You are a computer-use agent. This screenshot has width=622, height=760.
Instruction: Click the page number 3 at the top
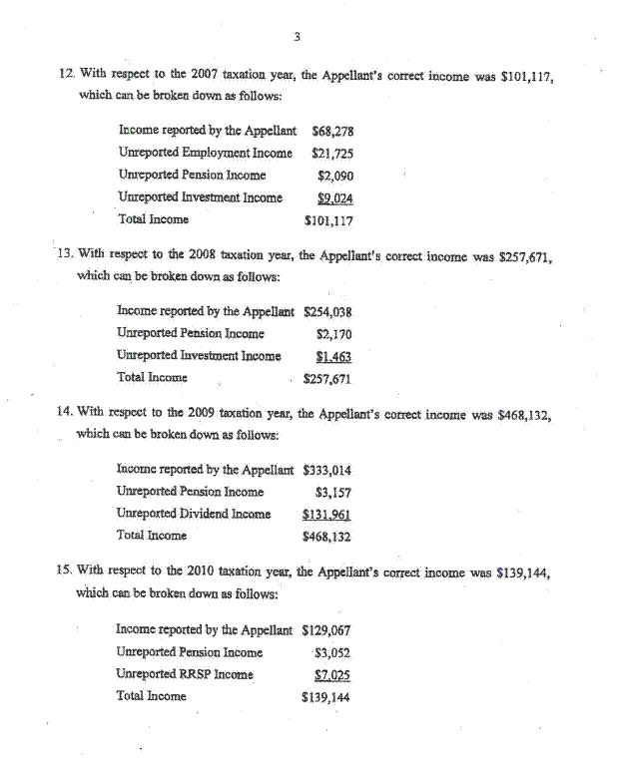(298, 38)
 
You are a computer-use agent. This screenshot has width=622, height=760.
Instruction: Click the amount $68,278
(333, 131)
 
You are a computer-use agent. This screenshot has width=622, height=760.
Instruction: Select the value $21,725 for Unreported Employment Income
(331, 153)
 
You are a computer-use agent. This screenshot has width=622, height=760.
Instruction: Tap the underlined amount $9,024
(334, 197)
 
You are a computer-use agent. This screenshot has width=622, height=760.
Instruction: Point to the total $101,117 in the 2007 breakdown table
(328, 219)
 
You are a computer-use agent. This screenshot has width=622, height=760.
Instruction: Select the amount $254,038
(327, 311)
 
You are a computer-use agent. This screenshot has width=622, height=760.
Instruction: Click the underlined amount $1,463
(333, 355)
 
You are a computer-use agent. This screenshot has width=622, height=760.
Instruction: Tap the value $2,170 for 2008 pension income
(332, 333)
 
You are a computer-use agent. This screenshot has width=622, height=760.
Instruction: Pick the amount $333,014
(326, 469)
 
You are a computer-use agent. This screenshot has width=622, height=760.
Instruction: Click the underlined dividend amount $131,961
(326, 514)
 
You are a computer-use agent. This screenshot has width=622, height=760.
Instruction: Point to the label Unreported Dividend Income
(194, 514)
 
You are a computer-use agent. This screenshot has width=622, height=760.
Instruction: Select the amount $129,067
(325, 629)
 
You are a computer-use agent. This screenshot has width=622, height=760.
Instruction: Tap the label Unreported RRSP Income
(184, 674)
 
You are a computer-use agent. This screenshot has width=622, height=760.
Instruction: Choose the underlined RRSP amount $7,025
(331, 674)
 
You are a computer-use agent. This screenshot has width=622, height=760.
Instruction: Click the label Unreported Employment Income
(205, 153)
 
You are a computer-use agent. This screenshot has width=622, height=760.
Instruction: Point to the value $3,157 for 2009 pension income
(332, 492)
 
